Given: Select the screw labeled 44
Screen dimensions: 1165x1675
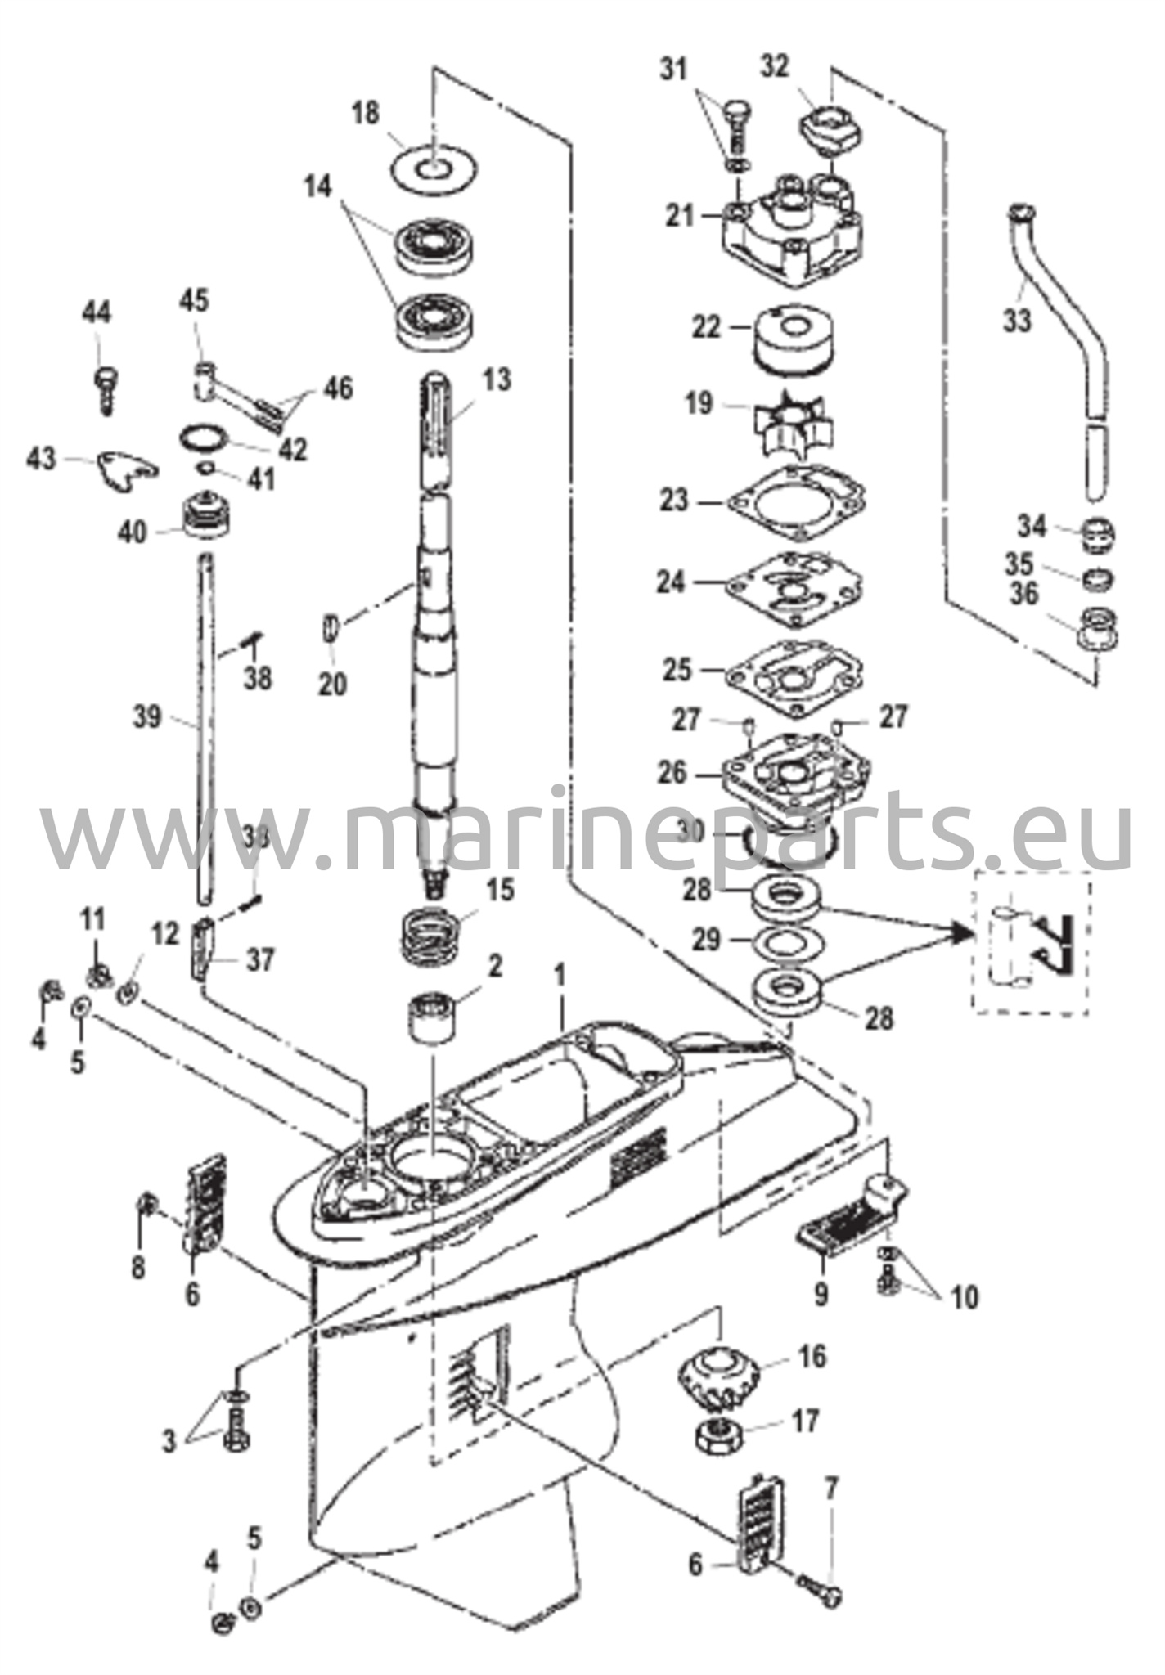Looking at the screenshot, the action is (x=105, y=388).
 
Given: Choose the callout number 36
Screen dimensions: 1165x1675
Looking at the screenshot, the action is (x=1023, y=593).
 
